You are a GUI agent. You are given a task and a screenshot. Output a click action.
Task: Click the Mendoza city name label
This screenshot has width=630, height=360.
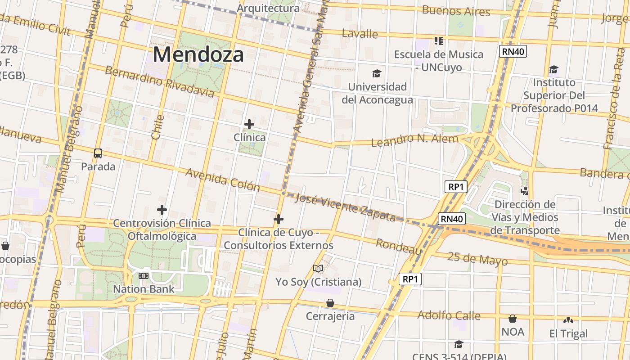pyautogui.click(x=198, y=54)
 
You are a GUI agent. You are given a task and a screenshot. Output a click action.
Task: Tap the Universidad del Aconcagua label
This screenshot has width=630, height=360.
pyautogui.click(x=377, y=93)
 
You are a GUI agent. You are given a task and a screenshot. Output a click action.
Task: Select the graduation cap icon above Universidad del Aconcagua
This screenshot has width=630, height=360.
pyautogui.click(x=376, y=73)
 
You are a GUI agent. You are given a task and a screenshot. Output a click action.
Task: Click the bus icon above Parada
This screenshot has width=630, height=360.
pyautogui.click(x=98, y=153)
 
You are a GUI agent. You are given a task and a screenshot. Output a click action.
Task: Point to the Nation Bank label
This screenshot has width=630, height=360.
pyautogui.click(x=144, y=289)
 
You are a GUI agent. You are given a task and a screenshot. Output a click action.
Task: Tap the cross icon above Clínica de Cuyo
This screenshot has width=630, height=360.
pyautogui.click(x=279, y=219)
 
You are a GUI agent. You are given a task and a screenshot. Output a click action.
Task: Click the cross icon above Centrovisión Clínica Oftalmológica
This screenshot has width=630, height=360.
pyautogui.click(x=162, y=210)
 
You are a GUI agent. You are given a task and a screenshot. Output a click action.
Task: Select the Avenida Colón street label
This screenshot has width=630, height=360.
pyautogui.click(x=222, y=180)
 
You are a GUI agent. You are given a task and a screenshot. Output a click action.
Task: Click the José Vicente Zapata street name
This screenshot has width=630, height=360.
pyautogui.click(x=345, y=207)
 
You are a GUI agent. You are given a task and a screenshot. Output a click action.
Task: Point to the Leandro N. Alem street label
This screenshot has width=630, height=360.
pyautogui.click(x=414, y=140)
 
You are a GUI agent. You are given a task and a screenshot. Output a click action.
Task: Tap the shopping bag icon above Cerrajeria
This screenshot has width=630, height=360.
pyautogui.click(x=330, y=303)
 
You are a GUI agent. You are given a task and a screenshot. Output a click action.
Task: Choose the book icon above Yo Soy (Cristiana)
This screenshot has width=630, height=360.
pyautogui.click(x=318, y=269)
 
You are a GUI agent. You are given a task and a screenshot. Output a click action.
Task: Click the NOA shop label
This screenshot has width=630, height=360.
pyautogui.click(x=513, y=332)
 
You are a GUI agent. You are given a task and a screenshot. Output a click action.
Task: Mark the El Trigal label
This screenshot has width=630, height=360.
pyautogui.click(x=568, y=333)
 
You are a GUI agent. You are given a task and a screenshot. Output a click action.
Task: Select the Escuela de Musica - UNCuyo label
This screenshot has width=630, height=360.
pyautogui.click(x=439, y=61)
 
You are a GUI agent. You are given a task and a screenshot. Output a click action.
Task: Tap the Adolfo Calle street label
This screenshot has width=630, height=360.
pyautogui.click(x=449, y=315)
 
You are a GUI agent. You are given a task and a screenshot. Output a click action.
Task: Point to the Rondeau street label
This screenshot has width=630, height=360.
pyautogui.click(x=398, y=247)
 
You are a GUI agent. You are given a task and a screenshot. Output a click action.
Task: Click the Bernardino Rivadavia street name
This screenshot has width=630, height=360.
pyautogui.click(x=159, y=81)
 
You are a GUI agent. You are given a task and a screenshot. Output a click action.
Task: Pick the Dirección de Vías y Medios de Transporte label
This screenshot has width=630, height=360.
pyautogui.click(x=525, y=217)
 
